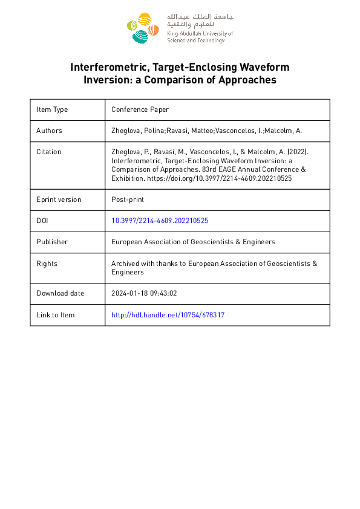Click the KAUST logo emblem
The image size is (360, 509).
[x=143, y=28]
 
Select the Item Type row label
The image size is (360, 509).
[x=52, y=109]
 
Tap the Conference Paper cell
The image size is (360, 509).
[x=140, y=109]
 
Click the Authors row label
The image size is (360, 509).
[x=49, y=130]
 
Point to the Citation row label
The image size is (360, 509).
[x=49, y=152]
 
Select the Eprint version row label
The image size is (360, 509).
[x=59, y=199]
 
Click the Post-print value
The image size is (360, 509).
[x=127, y=199]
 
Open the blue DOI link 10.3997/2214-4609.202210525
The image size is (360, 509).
[x=160, y=221]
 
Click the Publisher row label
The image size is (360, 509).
[x=51, y=242]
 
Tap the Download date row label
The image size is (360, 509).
[x=61, y=293]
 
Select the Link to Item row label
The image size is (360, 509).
[x=56, y=315]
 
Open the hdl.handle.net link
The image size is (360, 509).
[x=168, y=315]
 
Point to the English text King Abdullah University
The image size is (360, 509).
[x=200, y=34]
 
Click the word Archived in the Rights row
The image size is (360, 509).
[x=126, y=264]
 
